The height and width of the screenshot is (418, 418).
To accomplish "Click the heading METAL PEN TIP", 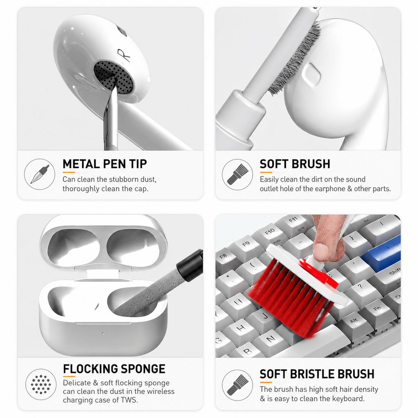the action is pyautogui.click(x=105, y=164).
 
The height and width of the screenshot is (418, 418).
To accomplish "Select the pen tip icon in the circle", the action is pyautogui.click(x=40, y=174).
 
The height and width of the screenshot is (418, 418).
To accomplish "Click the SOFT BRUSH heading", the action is pyautogui.click(x=295, y=164).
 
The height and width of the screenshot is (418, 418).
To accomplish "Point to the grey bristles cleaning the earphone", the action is pyautogui.click(x=293, y=59).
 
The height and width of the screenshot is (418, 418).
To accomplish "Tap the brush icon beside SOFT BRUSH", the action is pyautogui.click(x=237, y=174).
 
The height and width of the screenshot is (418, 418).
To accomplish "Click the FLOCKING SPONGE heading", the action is pyautogui.click(x=114, y=369).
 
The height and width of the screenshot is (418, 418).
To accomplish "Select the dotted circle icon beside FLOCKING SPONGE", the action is pyautogui.click(x=41, y=385).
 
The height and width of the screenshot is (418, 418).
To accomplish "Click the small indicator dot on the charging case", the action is pyautogui.click(x=103, y=333).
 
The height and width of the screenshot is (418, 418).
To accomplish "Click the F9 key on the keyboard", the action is pyautogui.click(x=247, y=245).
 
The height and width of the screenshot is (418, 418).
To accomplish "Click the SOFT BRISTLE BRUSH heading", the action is pyautogui.click(x=317, y=374).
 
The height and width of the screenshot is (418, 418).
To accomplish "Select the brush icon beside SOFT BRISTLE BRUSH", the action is pyautogui.click(x=237, y=385).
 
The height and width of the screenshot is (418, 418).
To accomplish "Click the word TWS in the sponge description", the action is pyautogui.click(x=129, y=400).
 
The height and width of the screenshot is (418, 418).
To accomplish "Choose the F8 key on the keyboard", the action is pyautogui.click(x=224, y=257).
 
